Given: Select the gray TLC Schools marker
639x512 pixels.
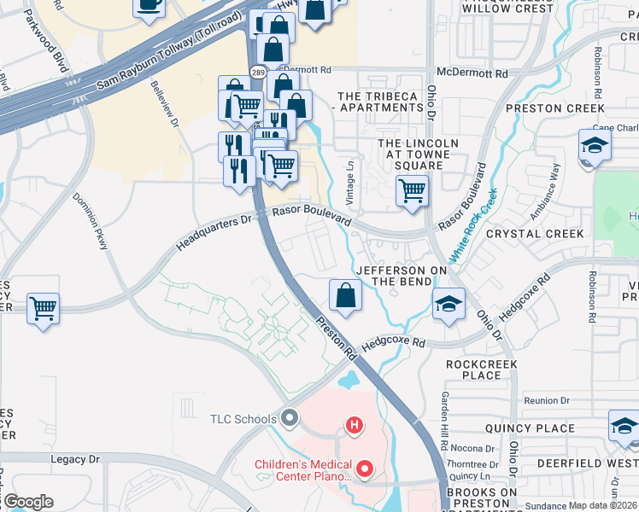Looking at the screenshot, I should tap(290, 418).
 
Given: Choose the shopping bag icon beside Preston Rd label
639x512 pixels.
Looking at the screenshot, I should tap(345, 295).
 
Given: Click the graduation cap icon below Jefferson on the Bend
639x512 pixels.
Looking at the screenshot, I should tap(448, 304).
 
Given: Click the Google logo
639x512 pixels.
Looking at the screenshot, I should tap(27, 502).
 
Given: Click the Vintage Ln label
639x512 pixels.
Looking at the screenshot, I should tap(349, 180).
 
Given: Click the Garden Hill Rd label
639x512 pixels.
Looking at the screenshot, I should tap(444, 421).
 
